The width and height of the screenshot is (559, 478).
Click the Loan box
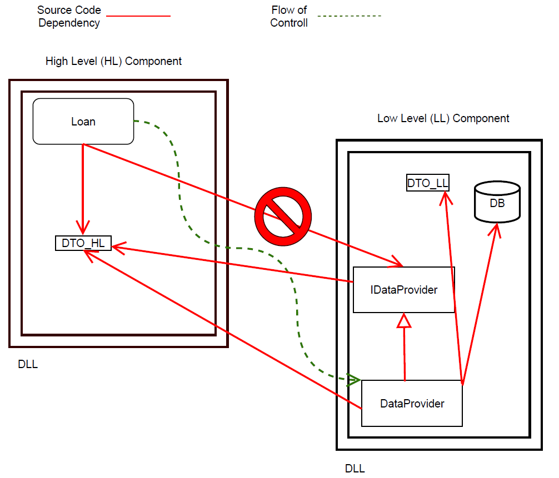click(x=83, y=121)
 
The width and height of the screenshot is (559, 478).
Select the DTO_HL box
click(x=83, y=243)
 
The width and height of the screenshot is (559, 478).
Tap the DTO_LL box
click(x=428, y=183)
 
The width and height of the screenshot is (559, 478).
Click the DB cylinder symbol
click(x=497, y=203)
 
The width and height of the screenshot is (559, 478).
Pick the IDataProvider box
click(x=404, y=289)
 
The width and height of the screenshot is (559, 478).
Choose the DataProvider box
click(x=412, y=404)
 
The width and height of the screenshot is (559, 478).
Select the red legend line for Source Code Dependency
click(x=138, y=17)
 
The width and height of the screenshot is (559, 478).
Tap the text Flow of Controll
click(x=289, y=17)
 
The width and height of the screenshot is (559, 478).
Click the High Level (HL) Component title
click(x=113, y=61)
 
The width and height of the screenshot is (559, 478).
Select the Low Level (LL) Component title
click(x=443, y=118)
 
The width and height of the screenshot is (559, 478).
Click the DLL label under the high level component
click(x=28, y=365)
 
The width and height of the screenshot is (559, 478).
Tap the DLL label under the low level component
click(x=355, y=469)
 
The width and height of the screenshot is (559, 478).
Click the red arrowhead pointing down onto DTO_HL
click(x=83, y=228)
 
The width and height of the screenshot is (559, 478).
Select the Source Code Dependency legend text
click(x=69, y=17)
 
